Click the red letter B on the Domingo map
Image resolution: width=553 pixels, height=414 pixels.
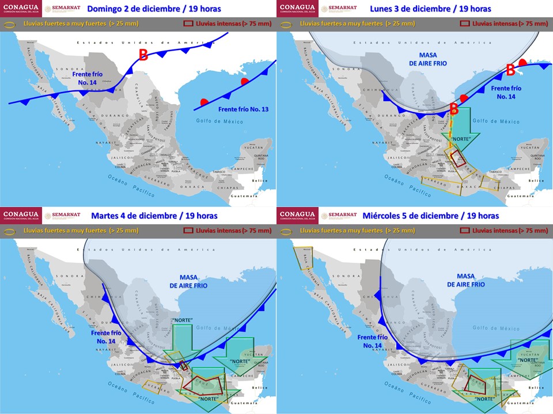tap(143, 55)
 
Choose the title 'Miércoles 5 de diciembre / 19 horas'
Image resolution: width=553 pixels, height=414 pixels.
tap(431, 216)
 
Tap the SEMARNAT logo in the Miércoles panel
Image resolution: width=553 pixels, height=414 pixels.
tap(338, 216)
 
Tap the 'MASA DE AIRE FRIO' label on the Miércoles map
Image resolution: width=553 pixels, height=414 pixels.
tap(471, 280)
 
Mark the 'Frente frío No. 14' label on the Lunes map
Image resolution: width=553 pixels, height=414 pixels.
tap(507, 93)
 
